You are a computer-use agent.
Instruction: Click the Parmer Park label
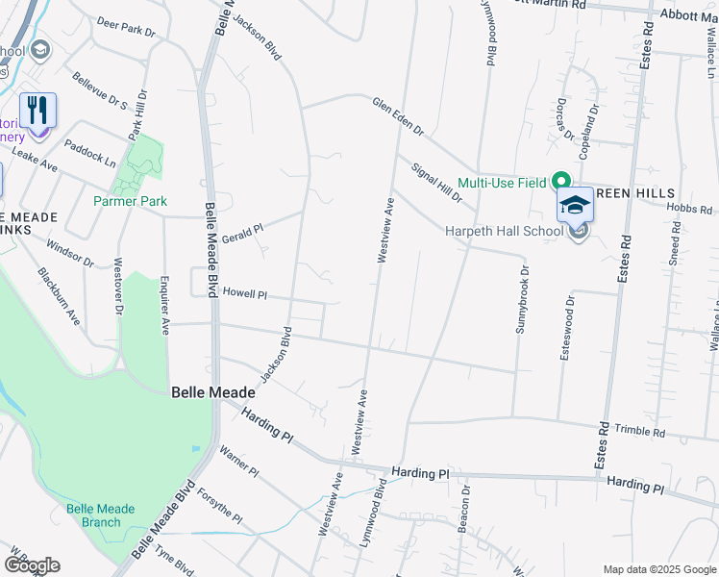click(130, 201)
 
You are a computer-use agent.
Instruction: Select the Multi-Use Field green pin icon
click(560, 182)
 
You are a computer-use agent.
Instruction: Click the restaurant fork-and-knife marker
click(37, 111)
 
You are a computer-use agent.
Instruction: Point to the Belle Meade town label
click(213, 392)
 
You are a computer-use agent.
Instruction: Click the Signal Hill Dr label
click(437, 183)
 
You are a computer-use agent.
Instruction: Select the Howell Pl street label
click(244, 291)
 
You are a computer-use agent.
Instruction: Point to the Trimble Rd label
click(640, 432)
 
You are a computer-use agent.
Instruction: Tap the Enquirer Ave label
click(164, 307)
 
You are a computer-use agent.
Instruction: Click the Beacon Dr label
click(465, 509)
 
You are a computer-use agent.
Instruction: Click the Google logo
click(32, 565)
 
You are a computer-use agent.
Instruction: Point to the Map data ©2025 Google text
click(658, 568)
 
